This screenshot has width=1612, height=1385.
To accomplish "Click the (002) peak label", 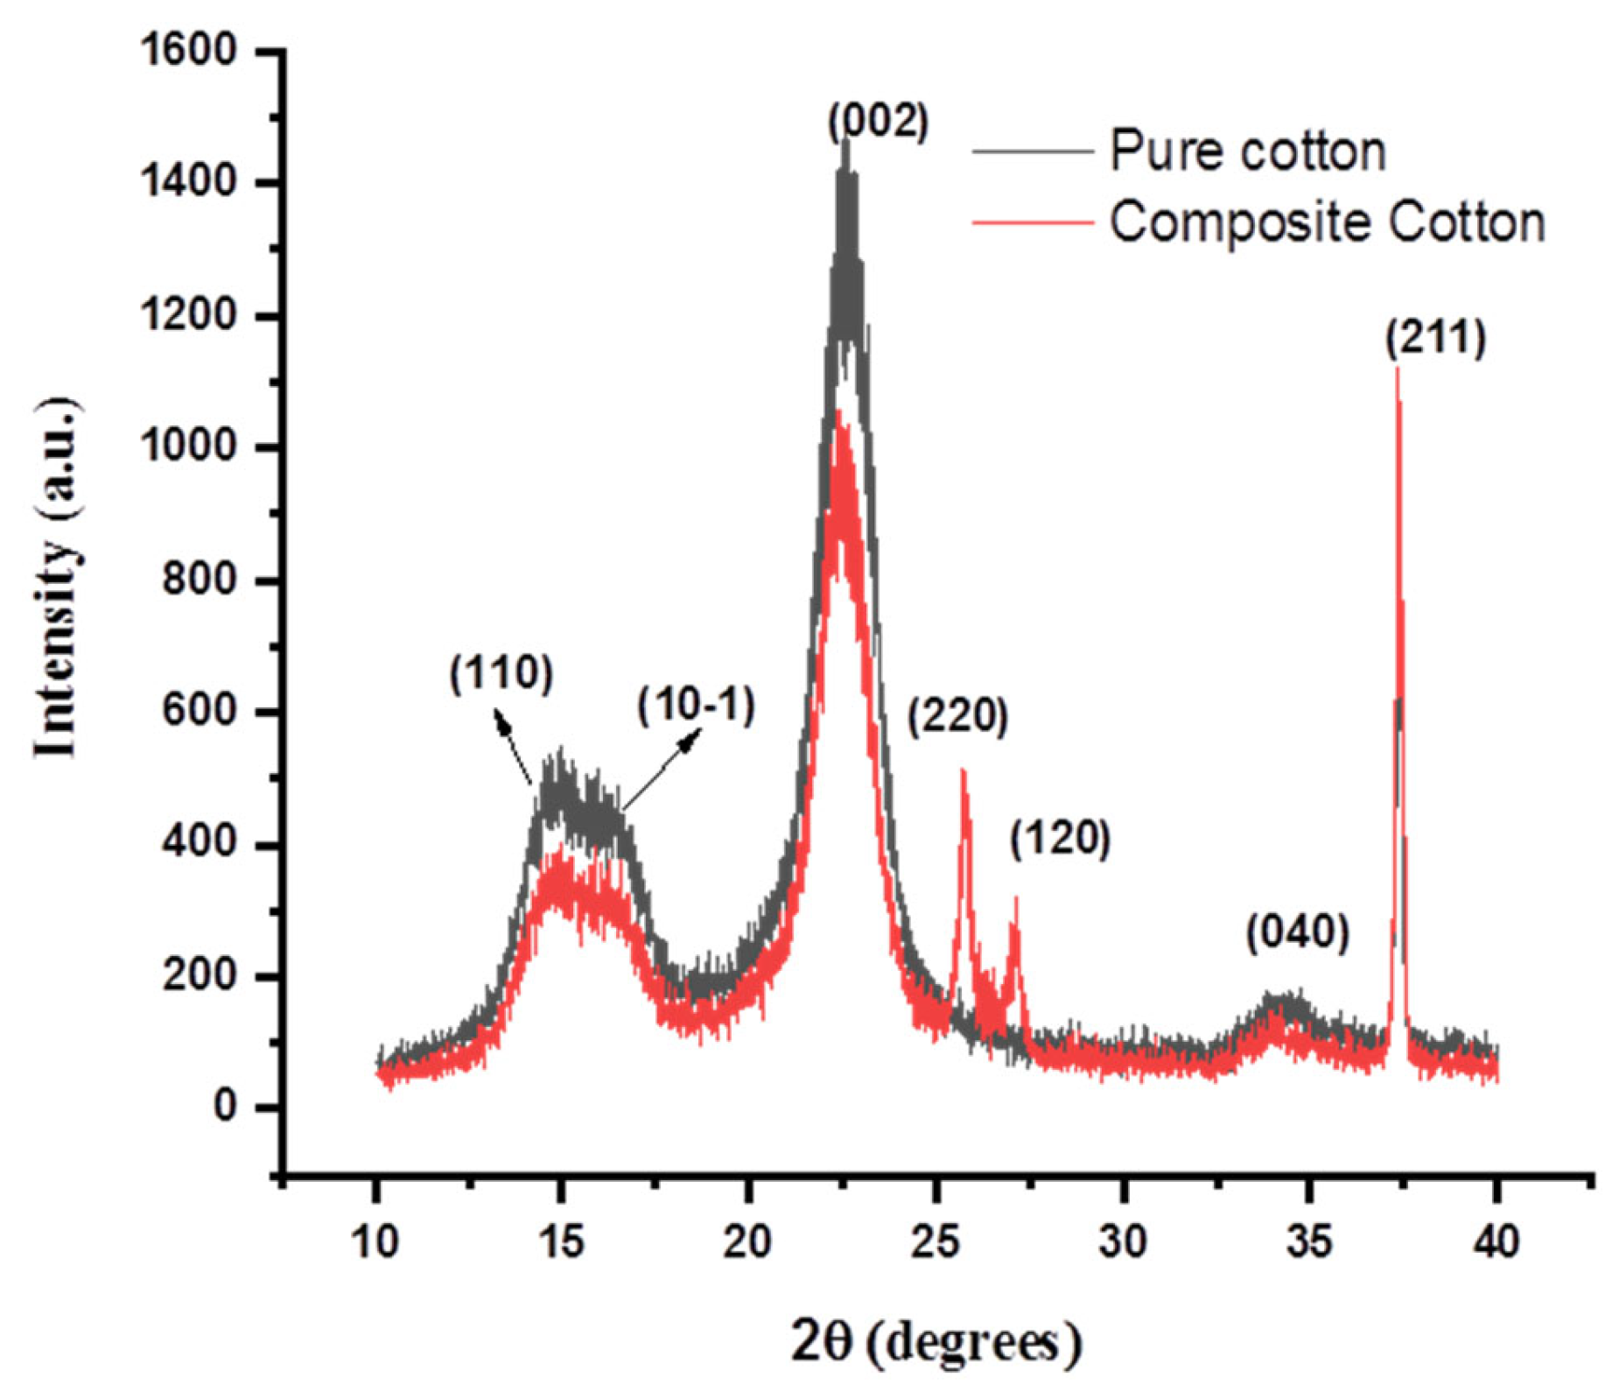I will (x=878, y=122).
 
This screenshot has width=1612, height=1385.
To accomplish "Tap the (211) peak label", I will (x=1435, y=339).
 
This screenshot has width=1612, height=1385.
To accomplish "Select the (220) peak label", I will (x=957, y=716).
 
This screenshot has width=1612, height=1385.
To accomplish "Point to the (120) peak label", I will (x=1060, y=839).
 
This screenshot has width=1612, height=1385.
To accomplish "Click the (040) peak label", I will (x=1298, y=933).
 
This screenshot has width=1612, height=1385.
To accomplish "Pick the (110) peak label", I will (x=501, y=673).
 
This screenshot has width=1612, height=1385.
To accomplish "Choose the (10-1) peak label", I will (x=696, y=706).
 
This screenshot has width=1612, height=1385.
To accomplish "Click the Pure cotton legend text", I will (x=1248, y=151).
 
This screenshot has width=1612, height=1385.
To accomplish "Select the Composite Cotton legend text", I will (x=1327, y=222).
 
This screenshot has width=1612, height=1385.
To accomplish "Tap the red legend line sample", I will (x=1033, y=223).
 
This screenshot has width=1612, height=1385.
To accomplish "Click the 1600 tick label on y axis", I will (x=188, y=51).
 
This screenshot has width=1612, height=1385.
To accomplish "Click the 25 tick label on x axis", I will (x=935, y=1241).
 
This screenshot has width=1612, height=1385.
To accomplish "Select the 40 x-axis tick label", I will (x=1496, y=1241).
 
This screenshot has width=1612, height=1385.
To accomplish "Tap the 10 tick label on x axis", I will (x=375, y=1241).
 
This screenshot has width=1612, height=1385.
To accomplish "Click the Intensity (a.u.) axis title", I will (x=58, y=578).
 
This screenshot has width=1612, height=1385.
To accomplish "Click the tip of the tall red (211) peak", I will (x=1397, y=369).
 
